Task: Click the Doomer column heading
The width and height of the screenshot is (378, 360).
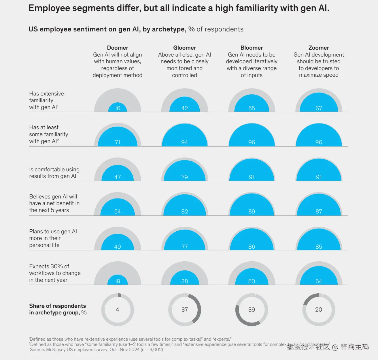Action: tap(117, 48)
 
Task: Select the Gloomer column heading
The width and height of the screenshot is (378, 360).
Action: tap(184, 48)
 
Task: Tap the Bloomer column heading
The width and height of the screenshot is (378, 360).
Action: tap(252, 48)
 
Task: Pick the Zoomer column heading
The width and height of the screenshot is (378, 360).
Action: tap(319, 48)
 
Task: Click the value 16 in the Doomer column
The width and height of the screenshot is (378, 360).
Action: tap(117, 108)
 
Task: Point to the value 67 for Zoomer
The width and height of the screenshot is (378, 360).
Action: tap(319, 108)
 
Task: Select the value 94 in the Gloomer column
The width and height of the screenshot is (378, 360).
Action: tap(184, 142)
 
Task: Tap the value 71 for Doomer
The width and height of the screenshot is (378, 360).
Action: tap(117, 142)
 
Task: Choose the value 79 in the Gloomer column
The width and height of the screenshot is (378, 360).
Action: tap(184, 177)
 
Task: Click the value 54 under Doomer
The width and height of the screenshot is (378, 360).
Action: tap(117, 211)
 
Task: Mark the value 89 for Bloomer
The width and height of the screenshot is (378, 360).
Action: tap(252, 211)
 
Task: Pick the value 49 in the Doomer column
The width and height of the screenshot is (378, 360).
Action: tap(117, 247)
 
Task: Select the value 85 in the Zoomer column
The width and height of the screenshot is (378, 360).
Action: tap(319, 247)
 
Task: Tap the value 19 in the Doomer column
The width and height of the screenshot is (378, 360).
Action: tap(117, 281)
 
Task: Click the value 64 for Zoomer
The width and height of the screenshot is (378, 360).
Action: tap(319, 281)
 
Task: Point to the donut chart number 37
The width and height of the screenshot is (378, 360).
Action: tap(184, 310)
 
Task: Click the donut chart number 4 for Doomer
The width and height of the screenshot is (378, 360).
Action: tap(117, 310)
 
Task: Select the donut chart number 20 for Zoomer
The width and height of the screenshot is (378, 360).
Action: tap(319, 310)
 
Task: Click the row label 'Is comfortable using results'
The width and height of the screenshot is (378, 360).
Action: tap(54, 173)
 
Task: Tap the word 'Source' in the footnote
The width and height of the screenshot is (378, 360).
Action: tap(37, 350)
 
